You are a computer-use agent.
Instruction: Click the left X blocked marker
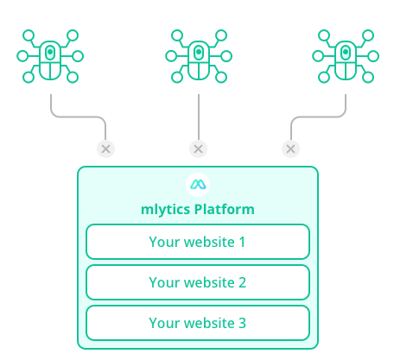click(105, 149)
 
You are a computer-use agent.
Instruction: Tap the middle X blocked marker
click(198, 149)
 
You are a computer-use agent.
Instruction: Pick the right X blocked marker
click(290, 149)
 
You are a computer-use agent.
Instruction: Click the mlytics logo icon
click(198, 185)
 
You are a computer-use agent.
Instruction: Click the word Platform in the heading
click(225, 209)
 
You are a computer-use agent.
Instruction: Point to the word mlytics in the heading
click(165, 210)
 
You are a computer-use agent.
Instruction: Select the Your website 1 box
click(198, 242)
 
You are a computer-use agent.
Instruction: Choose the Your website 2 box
click(198, 282)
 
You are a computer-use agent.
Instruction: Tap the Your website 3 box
click(198, 323)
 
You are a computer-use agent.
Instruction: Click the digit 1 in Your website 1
click(242, 242)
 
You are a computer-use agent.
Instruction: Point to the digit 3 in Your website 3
click(242, 323)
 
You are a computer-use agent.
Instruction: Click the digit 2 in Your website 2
click(242, 282)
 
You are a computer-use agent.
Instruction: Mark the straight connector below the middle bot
click(199, 117)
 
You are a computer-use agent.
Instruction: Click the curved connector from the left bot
click(79, 117)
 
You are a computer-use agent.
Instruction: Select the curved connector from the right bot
click(318, 117)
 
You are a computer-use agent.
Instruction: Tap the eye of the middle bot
click(199, 52)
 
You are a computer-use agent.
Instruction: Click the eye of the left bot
click(50, 52)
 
